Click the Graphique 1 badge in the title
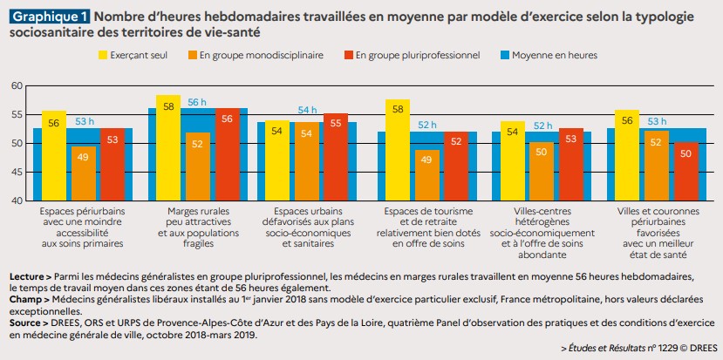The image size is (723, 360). [x=49, y=16]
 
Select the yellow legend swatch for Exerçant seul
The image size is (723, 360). [x=104, y=55]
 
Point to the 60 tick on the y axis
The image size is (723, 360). [x=17, y=85]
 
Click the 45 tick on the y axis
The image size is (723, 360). [x=17, y=172]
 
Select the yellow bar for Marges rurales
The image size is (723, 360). [x=167, y=148]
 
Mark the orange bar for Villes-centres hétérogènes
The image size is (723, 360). [x=542, y=171]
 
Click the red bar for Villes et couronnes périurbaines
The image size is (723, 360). [x=686, y=171]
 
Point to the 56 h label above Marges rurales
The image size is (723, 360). [x=197, y=102]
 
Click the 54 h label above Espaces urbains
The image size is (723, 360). [x=308, y=110]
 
